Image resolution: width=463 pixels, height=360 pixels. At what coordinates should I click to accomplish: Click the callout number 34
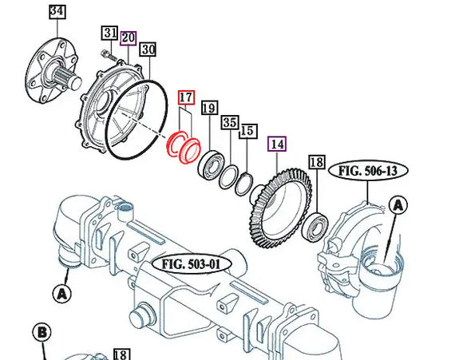(57, 11)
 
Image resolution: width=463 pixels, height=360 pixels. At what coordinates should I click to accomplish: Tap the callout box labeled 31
(109, 33)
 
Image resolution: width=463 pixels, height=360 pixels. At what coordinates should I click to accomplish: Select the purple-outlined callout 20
(129, 38)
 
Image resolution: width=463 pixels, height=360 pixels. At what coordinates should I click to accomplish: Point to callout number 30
(148, 49)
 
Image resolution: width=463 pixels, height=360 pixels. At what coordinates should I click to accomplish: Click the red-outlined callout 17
(186, 98)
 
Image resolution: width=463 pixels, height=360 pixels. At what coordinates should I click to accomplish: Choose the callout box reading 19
(209, 109)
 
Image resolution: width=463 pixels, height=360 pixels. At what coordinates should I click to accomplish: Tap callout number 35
(230, 122)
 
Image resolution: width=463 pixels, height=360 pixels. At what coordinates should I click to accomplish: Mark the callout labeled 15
(247, 130)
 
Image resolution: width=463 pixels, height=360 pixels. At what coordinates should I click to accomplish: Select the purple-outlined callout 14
(277, 144)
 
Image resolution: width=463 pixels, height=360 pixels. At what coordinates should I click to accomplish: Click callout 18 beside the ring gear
(317, 163)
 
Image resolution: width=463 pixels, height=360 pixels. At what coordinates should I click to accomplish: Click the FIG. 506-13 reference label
(367, 170)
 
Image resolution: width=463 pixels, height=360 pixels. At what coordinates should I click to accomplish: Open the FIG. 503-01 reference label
(191, 263)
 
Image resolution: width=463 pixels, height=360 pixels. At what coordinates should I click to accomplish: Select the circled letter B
(42, 333)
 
